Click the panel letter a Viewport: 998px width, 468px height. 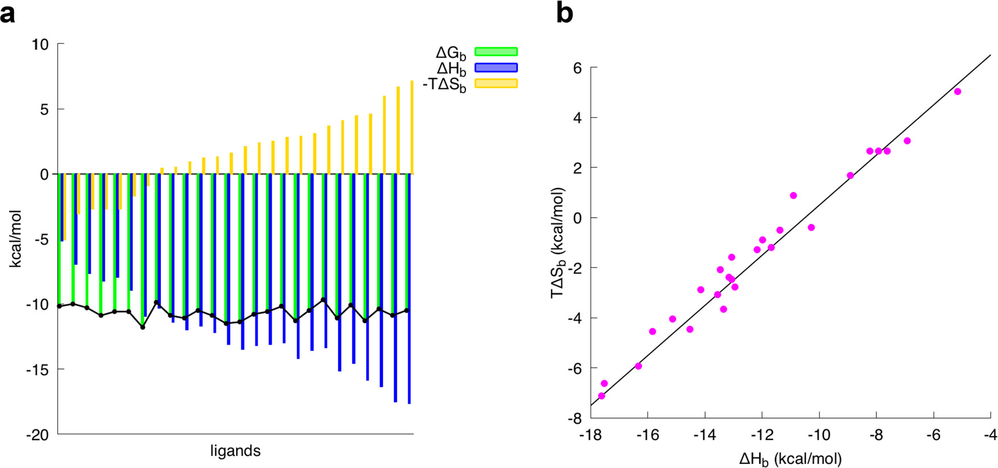pos(8,13)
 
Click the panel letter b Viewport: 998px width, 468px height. pos(564,13)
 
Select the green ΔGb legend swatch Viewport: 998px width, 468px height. pos(496,52)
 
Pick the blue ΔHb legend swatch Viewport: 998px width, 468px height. pos(496,68)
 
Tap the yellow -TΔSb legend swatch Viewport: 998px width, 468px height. pos(496,84)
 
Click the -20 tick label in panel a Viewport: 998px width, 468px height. pos(38,435)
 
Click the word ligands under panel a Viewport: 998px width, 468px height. pos(235,452)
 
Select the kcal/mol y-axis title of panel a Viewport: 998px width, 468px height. pos(16,239)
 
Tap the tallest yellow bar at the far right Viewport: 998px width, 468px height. pos(411,127)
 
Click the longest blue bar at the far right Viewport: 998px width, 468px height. pos(409,289)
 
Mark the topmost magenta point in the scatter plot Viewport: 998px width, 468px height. pos(958,92)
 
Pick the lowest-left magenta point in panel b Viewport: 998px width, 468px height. pos(601,396)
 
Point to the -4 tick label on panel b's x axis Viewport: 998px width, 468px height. pos(991,436)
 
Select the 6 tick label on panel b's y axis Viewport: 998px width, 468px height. pos(577,68)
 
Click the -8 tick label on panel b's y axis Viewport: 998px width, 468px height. pos(574,419)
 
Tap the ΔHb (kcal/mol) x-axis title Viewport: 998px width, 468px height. pos(790,458)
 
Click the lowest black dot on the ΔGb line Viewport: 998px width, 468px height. pos(143,327)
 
